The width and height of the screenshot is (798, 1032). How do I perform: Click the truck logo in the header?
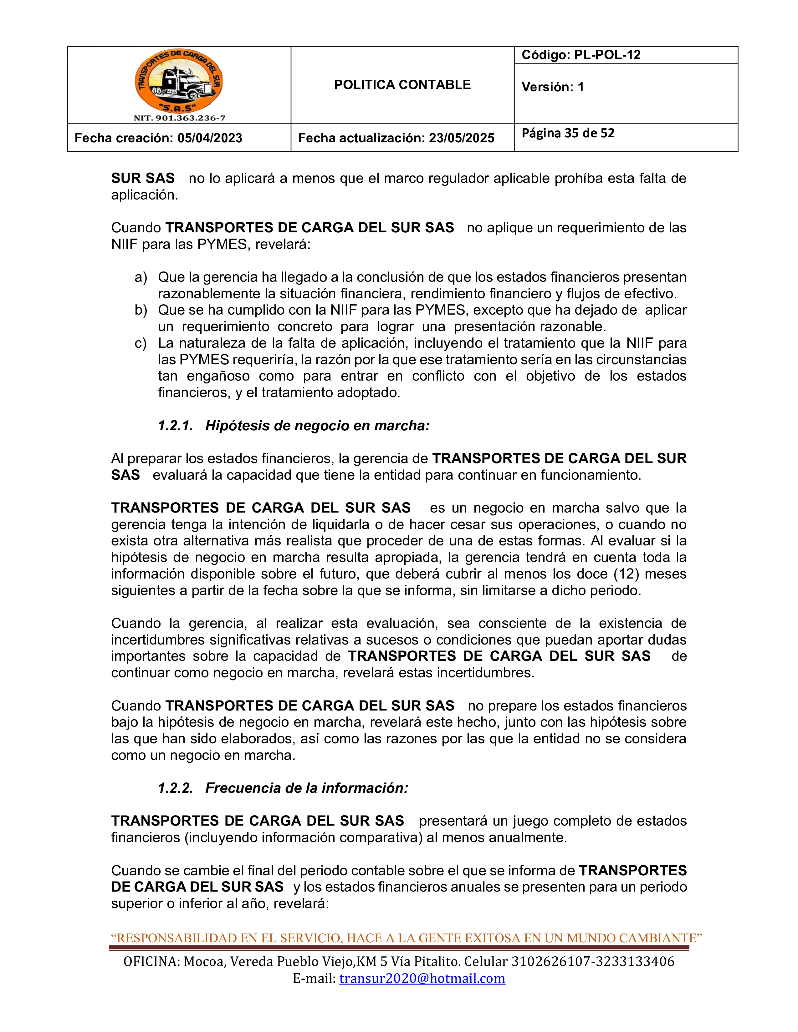pos(179,81)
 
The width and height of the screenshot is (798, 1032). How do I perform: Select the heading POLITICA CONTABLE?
pos(402,85)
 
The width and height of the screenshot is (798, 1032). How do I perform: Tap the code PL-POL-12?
pos(607,55)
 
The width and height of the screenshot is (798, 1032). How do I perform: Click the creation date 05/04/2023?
pos(210,138)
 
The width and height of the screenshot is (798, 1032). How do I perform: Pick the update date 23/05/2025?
pos(461,138)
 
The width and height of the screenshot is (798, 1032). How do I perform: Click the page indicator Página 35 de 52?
pos(568,133)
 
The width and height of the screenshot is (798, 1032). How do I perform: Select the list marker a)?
pos(141,277)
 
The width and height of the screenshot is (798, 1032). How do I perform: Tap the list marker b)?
pos(141,310)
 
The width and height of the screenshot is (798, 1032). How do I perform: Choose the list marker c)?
pos(141,343)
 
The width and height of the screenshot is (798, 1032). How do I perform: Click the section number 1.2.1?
pos(175,426)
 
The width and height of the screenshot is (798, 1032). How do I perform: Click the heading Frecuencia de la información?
pos(306,788)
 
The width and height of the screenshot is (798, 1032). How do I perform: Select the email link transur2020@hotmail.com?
pos(422,978)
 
